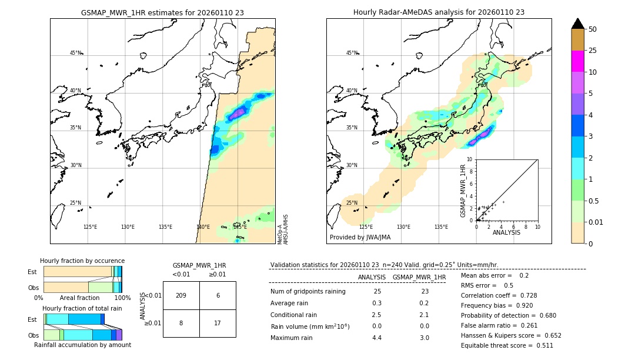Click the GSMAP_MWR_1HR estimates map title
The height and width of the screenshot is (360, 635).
(162, 12)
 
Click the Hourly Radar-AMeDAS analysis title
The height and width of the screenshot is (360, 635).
(439, 12)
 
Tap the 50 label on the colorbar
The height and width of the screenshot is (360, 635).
(593, 29)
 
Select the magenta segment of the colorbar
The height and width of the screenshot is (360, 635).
(578, 61)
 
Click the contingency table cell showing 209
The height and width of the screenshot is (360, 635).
(181, 295)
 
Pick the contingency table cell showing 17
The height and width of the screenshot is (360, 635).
(218, 323)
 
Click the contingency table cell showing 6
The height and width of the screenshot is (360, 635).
(218, 295)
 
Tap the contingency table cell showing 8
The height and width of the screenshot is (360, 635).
(181, 323)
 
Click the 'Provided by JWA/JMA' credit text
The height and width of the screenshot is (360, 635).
(360, 238)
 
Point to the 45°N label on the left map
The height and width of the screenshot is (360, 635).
(75, 53)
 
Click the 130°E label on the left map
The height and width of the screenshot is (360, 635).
(128, 227)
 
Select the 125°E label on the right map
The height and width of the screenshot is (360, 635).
(366, 227)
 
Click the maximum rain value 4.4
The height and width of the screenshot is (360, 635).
(377, 338)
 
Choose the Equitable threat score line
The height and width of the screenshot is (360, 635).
(507, 345)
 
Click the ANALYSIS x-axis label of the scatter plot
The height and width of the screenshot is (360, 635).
(506, 232)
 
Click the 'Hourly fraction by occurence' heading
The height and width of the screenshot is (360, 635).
(82, 261)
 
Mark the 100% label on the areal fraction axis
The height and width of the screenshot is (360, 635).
(122, 298)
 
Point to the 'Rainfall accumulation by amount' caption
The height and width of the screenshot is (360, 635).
(82, 345)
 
